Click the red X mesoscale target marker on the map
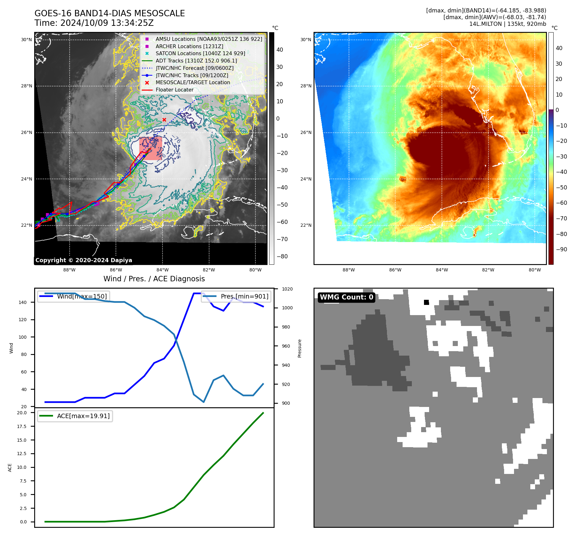164,120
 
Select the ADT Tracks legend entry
196,61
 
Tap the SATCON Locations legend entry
200,53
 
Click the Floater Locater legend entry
174,90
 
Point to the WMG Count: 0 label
346,297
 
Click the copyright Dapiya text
84,260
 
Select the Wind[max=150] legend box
73,296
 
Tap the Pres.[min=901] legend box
236,296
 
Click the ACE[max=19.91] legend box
75,416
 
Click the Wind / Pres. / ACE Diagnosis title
154,279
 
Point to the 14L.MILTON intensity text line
507,24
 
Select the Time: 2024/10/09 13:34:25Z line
94,23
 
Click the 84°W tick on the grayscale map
163,270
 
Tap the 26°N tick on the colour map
306,132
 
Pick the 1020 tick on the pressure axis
287,289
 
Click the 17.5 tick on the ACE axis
22,426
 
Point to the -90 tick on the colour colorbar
561,249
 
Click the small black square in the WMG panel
426,302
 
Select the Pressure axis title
299,348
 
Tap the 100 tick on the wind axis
23,337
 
